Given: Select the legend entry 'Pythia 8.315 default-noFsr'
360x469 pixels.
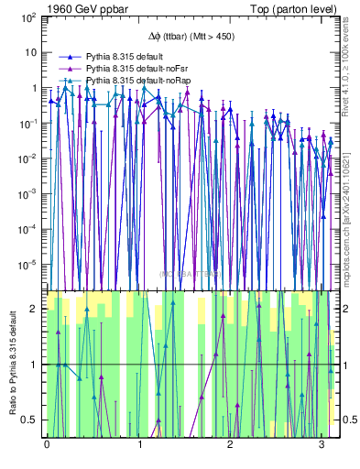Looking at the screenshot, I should pos(137,69).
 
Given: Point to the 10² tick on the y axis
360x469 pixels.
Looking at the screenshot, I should pos(27,17).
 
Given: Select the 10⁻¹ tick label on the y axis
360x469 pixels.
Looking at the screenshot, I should pos(27,123).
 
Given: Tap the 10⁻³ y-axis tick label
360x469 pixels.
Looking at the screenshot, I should pos(27,193).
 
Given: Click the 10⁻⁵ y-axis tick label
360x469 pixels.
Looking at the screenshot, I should pos(27,264).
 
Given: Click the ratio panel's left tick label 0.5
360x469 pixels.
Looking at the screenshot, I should pos(32,420).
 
